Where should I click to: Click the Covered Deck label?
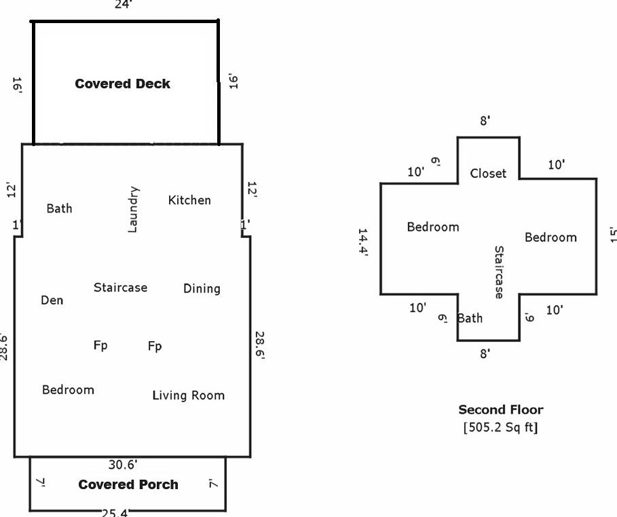[123, 84]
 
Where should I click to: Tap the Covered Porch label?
[128, 484]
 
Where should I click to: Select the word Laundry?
[133, 209]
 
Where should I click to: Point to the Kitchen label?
[189, 200]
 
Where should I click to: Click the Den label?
[52, 300]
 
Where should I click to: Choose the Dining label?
[202, 288]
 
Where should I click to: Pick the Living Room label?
[188, 395]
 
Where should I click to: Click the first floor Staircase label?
[120, 287]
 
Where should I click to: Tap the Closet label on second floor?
[488, 173]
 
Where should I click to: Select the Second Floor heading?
[501, 410]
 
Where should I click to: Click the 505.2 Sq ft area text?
[501, 427]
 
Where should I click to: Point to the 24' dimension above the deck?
[124, 4]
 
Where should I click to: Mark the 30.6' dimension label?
[124, 465]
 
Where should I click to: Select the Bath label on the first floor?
[59, 208]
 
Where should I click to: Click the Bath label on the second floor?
[470, 318]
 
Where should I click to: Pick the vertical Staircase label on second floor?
[499, 272]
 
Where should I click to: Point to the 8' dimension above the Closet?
[485, 121]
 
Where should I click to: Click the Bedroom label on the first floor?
[68, 389]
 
